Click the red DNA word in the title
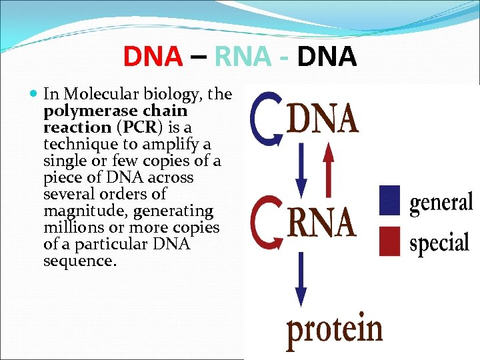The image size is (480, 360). point(153,57)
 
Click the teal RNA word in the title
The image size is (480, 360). point(244,57)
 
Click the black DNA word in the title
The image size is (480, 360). point(327,57)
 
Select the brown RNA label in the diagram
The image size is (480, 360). point(321,221)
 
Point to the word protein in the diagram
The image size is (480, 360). point(335,329)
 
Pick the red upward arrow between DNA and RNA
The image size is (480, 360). point(327,167)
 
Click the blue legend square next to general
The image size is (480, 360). point(389,199)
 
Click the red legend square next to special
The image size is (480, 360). point(389,241)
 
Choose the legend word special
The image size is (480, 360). point(439,243)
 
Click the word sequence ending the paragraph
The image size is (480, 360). point(79,261)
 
